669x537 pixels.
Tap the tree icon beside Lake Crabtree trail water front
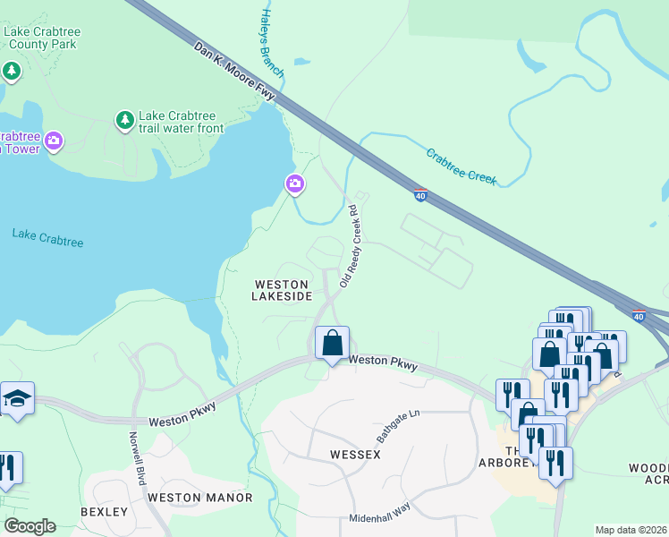click(x=124, y=119)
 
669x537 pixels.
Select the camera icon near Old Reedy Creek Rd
click(x=295, y=184)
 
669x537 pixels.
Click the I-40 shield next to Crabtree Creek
click(x=420, y=193)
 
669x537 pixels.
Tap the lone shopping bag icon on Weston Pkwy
click(x=332, y=343)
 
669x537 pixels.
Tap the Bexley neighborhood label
click(x=105, y=512)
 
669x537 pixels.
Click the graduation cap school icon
click(x=16, y=398)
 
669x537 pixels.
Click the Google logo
click(x=30, y=526)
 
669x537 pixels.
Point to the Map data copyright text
click(x=630, y=530)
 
